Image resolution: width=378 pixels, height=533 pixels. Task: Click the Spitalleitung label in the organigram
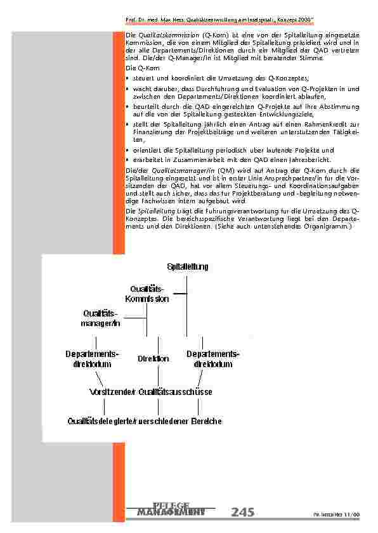[187, 266]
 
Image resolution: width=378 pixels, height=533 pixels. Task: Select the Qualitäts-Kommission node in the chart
[147, 294]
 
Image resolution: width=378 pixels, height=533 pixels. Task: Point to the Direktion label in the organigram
[153, 359]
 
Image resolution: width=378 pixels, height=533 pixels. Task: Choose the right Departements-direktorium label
[213, 359]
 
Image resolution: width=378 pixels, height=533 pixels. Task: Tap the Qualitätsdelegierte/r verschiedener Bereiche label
[145, 420]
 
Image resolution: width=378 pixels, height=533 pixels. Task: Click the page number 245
[243, 512]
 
